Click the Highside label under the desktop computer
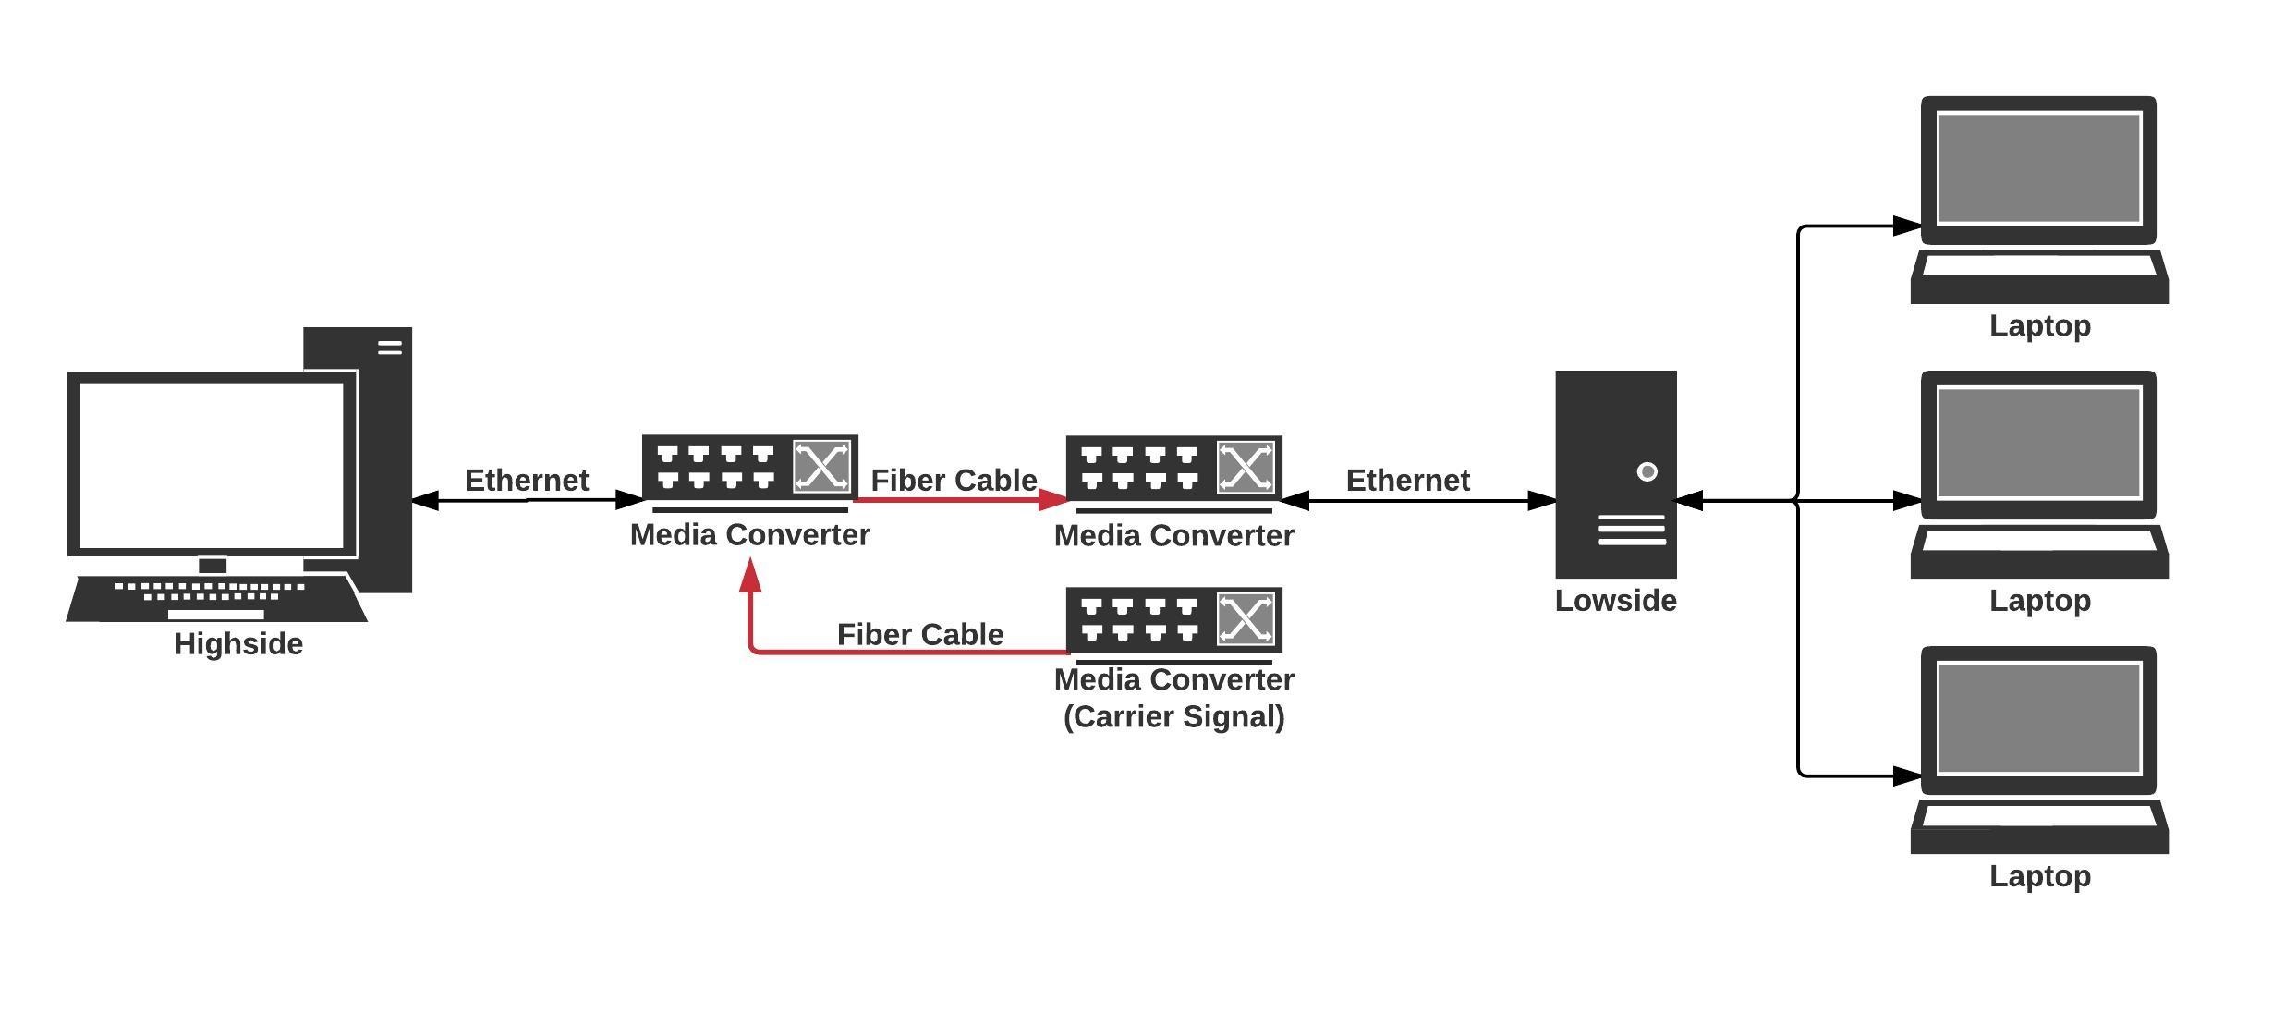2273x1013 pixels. point(238,644)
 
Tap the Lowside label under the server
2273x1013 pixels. point(1615,601)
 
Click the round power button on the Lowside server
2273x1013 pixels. point(1647,472)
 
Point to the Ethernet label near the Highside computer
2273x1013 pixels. point(526,481)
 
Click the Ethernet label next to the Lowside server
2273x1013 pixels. point(1407,481)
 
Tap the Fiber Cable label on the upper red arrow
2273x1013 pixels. point(954,481)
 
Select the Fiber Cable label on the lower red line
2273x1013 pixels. point(919,635)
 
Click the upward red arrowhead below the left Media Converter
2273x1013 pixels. point(751,577)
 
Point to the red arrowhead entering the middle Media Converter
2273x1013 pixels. point(1053,500)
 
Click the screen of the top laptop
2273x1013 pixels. point(2038,168)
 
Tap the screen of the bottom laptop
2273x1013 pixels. point(2038,718)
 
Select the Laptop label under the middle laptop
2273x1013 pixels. point(2039,601)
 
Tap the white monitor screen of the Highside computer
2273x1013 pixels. point(212,465)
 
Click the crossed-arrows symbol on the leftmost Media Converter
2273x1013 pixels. point(820,467)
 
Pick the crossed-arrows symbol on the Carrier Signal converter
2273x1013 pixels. point(1245,618)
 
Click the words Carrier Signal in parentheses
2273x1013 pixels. point(1173,717)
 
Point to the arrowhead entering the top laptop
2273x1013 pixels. point(1907,226)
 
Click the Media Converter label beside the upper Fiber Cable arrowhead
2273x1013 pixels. point(1173,536)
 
